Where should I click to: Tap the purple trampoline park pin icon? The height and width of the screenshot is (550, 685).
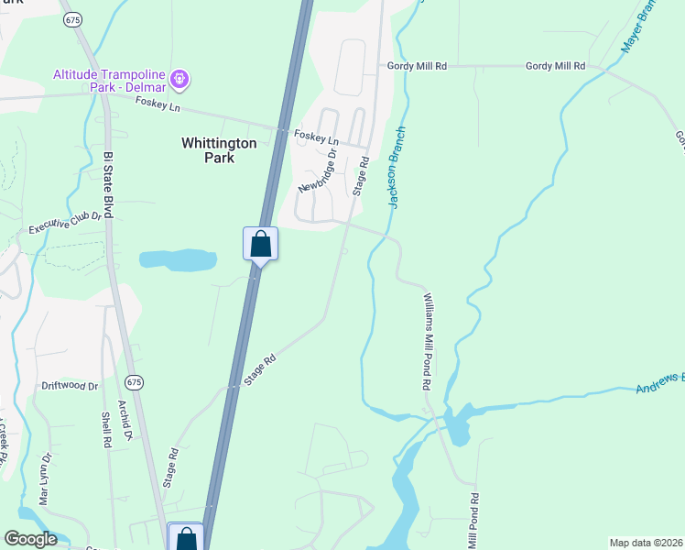[x=181, y=81]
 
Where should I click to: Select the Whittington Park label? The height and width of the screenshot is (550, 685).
[x=219, y=150]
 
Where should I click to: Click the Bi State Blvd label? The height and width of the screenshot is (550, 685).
[x=108, y=184]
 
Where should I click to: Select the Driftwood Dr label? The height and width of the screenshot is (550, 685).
[x=70, y=386]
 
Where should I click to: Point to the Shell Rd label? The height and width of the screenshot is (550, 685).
[x=106, y=426]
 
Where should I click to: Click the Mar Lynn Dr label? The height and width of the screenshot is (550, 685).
[x=43, y=478]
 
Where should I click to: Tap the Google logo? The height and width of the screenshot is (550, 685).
[x=30, y=539]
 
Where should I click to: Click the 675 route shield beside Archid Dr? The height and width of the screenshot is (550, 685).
[x=135, y=380]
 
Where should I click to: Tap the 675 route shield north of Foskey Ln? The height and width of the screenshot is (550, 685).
[x=70, y=18]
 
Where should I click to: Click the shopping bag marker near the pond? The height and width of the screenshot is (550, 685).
[x=260, y=245]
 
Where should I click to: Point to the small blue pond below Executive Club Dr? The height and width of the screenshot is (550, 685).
[x=178, y=259]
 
